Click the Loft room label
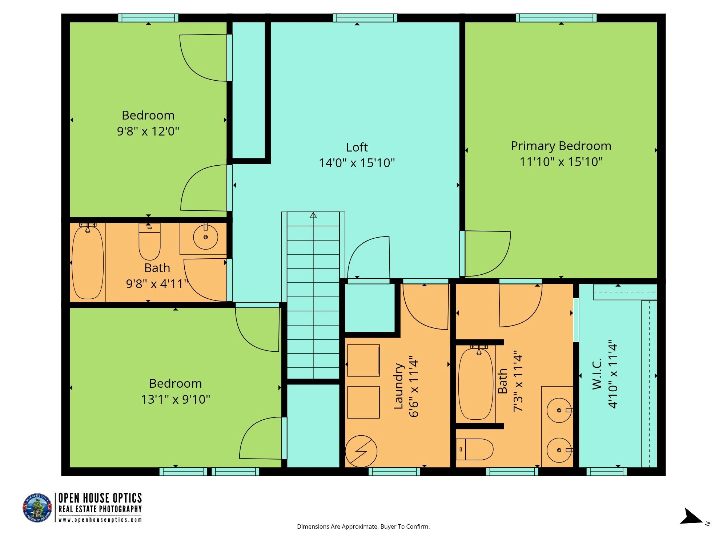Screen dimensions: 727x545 [x=357, y=147]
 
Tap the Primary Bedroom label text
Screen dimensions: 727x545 [x=561, y=146]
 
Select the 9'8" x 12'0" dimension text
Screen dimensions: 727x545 [x=148, y=131]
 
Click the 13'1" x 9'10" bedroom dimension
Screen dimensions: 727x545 [x=176, y=399]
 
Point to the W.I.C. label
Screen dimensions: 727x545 [x=597, y=374]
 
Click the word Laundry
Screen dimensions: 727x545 [x=399, y=386]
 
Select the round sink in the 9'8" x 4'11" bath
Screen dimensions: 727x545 [x=205, y=237]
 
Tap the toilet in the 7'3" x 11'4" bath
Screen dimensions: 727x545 [x=474, y=449]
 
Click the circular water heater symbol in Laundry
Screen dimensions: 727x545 [x=361, y=452]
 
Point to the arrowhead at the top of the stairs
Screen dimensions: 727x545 [x=313, y=215]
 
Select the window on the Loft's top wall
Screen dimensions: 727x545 [x=365, y=18]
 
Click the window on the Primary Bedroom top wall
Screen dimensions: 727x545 [x=556, y=18]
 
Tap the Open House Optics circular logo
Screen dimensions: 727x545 [x=37, y=508]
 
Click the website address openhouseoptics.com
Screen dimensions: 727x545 [x=100, y=520]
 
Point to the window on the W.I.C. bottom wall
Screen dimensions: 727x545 [x=607, y=472]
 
